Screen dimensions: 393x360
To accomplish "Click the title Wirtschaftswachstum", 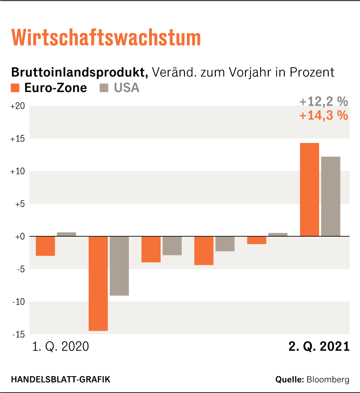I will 106,38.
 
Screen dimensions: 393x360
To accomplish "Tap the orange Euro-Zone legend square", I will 15,88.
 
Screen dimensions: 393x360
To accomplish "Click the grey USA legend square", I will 104,88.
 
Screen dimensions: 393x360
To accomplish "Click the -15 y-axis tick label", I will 19,335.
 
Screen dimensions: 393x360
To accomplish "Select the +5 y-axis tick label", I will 19,204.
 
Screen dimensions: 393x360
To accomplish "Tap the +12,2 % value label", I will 323,102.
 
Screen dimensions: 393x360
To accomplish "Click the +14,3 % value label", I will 323,115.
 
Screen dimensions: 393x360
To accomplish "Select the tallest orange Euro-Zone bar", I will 309,189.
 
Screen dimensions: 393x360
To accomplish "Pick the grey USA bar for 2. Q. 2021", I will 331,196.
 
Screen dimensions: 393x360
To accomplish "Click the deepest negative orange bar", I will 98,283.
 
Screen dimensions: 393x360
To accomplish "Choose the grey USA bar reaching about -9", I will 119,266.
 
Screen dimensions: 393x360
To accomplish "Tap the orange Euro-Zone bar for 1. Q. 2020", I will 45,246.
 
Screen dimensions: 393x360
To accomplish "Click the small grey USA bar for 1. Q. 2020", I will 66,234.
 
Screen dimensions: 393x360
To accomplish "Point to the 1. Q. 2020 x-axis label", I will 60,346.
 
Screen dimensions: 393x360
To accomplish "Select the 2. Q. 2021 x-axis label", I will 319,346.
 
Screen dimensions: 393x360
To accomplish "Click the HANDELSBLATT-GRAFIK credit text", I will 61,380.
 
